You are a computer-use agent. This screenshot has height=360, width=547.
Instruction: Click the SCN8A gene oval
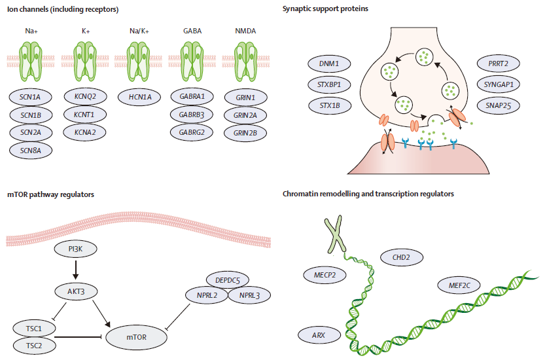coord(30,150)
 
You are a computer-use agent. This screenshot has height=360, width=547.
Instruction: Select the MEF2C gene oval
coord(461,285)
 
